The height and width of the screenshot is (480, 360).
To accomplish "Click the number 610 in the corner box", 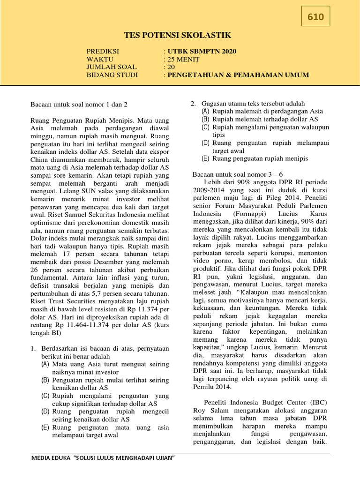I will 315,17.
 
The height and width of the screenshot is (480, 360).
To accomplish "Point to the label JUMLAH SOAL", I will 111,67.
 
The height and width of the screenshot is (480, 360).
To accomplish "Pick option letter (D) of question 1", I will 45,411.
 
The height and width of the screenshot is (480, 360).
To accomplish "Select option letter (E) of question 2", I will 206,158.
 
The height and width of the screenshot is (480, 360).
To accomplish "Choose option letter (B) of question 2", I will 206,119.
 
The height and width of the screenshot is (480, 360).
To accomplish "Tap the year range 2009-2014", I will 210,190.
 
